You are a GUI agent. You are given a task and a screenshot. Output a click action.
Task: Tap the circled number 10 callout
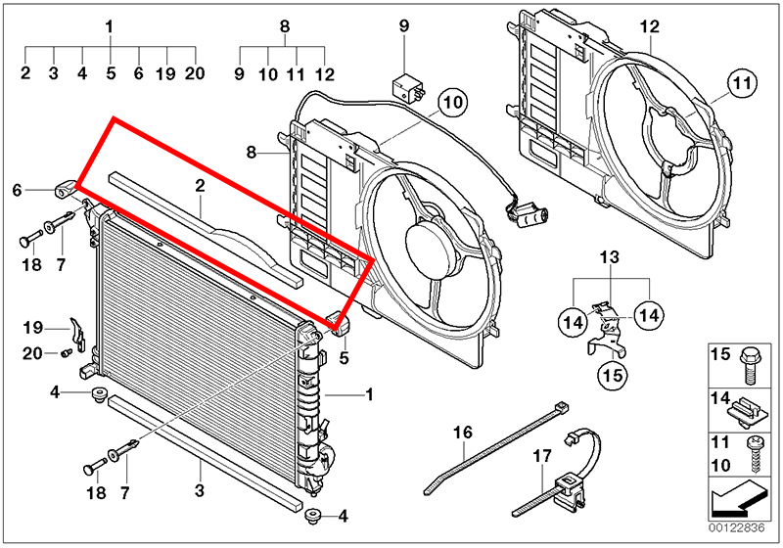pyautogui.click(x=453, y=101)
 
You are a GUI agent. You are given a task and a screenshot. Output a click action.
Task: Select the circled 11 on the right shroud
pyautogui.click(x=743, y=85)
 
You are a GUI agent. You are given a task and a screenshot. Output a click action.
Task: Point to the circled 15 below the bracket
pyautogui.click(x=612, y=374)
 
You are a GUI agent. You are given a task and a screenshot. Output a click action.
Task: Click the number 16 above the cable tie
pyautogui.click(x=462, y=432)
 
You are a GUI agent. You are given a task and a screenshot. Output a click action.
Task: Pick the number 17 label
pyautogui.click(x=543, y=456)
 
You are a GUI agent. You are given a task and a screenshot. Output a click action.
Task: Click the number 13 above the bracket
pyautogui.click(x=610, y=257)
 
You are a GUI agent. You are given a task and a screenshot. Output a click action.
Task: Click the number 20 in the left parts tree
pyautogui.click(x=195, y=72)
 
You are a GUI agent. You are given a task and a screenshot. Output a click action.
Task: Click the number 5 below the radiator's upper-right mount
pyautogui.click(x=345, y=358)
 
